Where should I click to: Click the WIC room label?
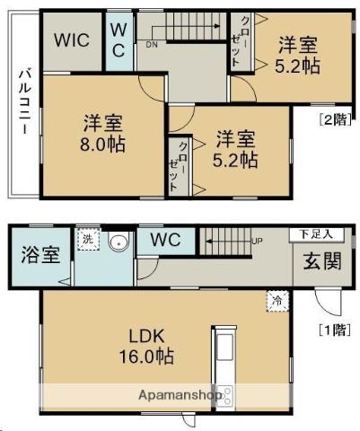[72, 40]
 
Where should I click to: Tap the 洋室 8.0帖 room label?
[102, 134]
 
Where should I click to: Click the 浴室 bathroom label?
[40, 255]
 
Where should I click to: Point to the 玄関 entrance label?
[322, 260]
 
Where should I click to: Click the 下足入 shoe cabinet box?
[317, 234]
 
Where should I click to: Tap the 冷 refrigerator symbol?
[277, 302]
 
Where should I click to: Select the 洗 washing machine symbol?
[88, 239]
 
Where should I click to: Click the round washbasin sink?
[119, 242]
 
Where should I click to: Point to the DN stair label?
[152, 45]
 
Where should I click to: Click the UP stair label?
[257, 241]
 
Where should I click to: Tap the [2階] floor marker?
[335, 119]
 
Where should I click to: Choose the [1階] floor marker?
[335, 330]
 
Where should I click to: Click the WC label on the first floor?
[165, 240]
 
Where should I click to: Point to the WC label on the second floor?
[119, 40]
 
